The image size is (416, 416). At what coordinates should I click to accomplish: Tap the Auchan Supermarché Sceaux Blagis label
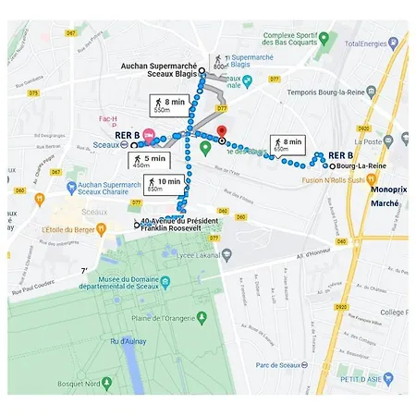point(160,71)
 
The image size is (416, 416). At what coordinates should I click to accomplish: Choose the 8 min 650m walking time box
point(288,144)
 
